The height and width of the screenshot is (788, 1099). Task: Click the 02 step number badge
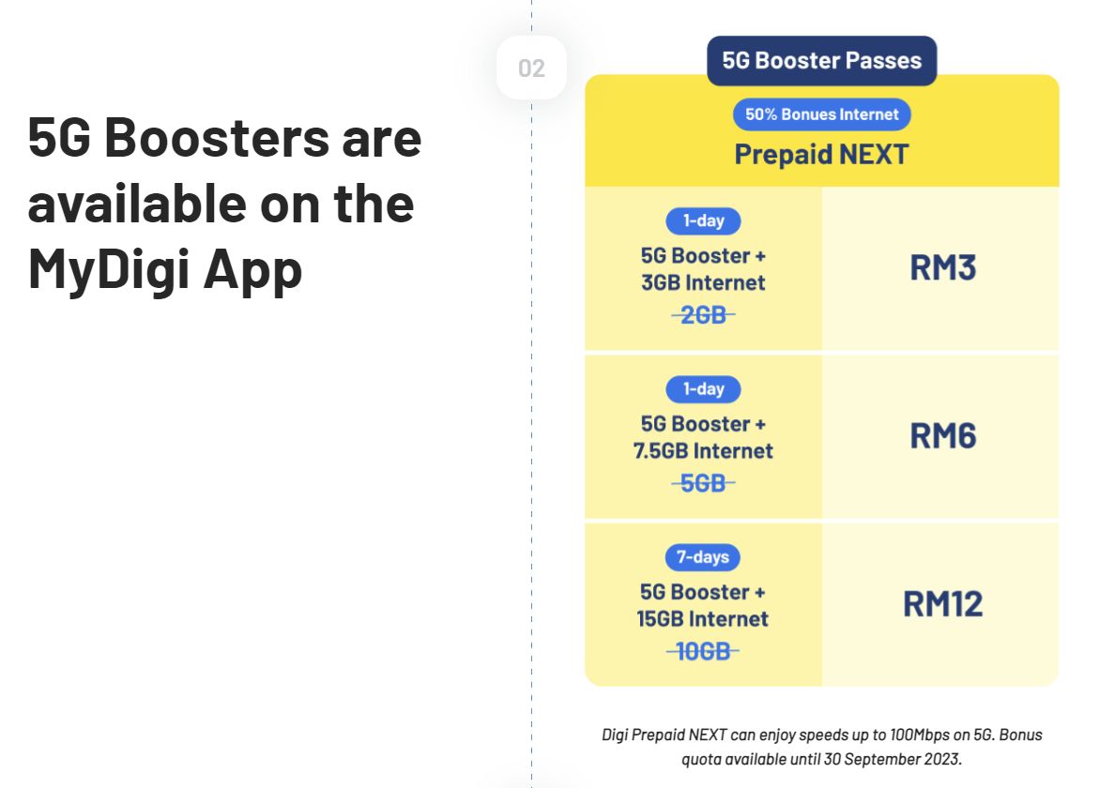click(x=531, y=68)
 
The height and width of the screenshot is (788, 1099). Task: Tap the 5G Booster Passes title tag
click(x=821, y=61)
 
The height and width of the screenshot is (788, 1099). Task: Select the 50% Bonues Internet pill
click(x=821, y=114)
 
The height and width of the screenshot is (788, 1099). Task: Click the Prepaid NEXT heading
click(x=821, y=154)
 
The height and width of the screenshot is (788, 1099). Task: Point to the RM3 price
click(x=942, y=268)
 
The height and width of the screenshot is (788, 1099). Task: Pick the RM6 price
click(x=942, y=436)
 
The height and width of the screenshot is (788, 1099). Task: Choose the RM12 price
click(x=942, y=604)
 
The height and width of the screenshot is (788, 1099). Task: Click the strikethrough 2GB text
click(x=703, y=315)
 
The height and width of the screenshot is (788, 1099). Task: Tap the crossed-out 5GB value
click(x=703, y=483)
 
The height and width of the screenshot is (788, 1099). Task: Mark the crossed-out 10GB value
click(x=703, y=651)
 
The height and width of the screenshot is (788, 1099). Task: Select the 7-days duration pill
click(x=703, y=557)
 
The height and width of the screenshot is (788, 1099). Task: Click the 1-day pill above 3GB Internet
click(x=703, y=221)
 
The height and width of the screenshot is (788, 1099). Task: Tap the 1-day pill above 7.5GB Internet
click(x=703, y=388)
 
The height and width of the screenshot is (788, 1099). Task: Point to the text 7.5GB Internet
click(x=703, y=451)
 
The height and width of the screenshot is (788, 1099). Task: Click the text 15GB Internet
click(x=703, y=619)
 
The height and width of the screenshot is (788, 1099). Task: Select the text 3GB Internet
click(x=703, y=282)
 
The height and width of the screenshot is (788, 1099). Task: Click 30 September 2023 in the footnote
click(x=888, y=758)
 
